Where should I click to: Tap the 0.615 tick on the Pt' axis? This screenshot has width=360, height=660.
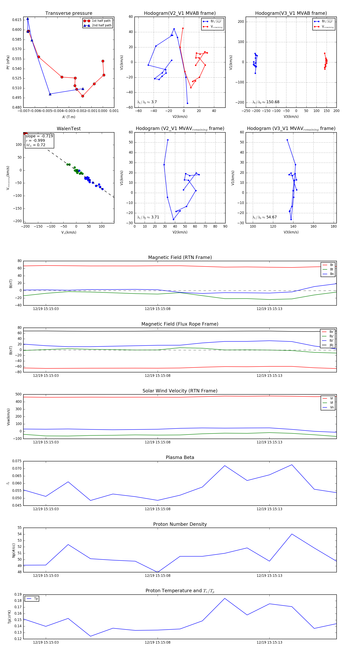coord(17,20)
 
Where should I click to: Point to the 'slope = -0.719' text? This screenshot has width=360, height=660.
coord(39,136)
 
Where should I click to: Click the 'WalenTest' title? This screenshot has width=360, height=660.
coord(69,129)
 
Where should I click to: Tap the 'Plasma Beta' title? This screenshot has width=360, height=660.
coord(180,457)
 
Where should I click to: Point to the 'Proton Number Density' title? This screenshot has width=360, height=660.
coord(180,524)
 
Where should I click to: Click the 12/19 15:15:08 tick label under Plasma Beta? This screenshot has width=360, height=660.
coord(158,509)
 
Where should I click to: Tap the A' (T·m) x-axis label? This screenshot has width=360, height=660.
coord(69,117)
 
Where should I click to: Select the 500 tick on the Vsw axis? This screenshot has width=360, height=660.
coord(18,394)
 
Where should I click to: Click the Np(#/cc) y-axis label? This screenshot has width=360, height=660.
coord(14,550)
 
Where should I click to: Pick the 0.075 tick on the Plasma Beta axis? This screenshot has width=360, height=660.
coord(17,461)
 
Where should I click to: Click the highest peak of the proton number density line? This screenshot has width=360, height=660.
coord(292,534)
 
